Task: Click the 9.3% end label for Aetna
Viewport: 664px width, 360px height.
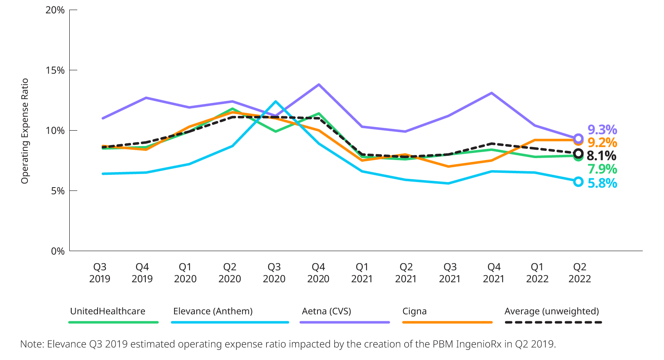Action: click(x=602, y=129)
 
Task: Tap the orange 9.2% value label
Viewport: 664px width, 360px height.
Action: click(x=602, y=143)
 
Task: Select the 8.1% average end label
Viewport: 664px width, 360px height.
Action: click(x=601, y=156)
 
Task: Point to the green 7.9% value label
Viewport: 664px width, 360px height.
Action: click(x=602, y=169)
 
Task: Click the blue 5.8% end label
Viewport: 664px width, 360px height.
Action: click(x=602, y=183)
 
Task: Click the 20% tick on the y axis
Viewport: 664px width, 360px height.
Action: click(x=55, y=10)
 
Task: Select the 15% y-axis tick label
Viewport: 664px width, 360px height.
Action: click(x=55, y=70)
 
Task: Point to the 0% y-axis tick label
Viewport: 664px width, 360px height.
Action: click(x=58, y=251)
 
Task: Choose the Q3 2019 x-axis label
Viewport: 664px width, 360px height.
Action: click(x=100, y=273)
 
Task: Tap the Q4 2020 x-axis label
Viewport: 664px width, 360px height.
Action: click(x=318, y=273)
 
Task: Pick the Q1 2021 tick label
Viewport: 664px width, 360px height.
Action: click(x=362, y=273)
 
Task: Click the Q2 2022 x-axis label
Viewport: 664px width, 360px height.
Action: click(x=580, y=273)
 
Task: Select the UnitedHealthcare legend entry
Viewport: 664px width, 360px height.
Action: click(x=108, y=311)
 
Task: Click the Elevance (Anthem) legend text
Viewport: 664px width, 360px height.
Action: click(x=213, y=311)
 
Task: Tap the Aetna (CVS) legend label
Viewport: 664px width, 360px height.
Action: click(x=327, y=311)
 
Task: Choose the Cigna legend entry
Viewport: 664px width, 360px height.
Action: click(x=414, y=311)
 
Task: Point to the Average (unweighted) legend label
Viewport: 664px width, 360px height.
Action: click(x=552, y=311)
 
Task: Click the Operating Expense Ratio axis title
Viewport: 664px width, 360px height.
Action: click(x=25, y=131)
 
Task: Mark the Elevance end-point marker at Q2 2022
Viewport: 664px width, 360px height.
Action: click(x=578, y=182)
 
